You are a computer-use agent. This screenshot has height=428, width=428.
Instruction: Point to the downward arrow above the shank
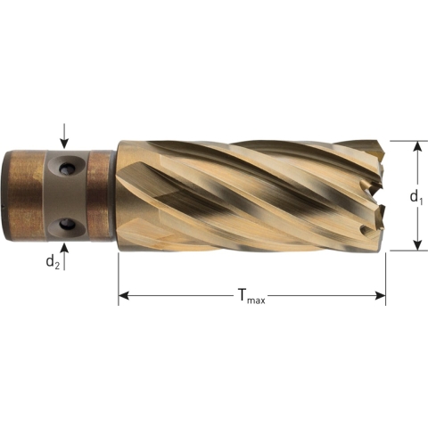tap(64, 138)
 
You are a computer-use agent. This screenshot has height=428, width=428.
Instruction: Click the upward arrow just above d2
tap(64, 249)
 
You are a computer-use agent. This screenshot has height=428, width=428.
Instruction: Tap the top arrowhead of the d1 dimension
tap(416, 145)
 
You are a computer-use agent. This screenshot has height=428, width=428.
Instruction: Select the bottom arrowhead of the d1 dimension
tap(416, 245)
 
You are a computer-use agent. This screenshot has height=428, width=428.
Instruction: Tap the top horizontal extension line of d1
tap(401, 140)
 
